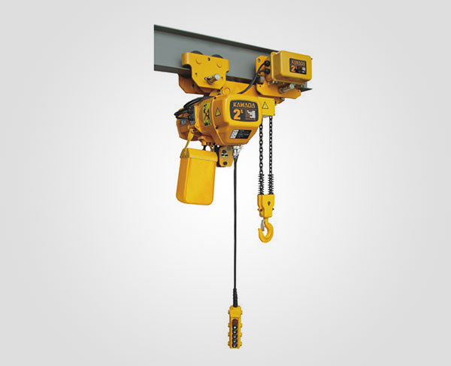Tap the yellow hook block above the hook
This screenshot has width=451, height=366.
[266, 204]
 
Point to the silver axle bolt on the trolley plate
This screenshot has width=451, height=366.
[213, 75]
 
